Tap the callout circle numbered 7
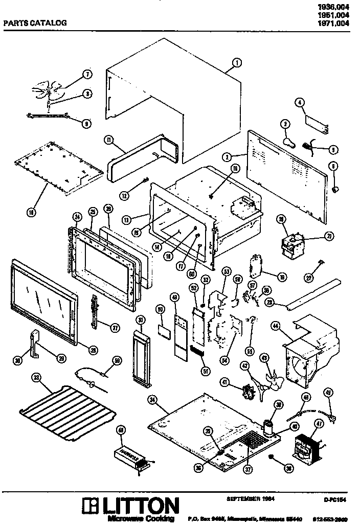tap(87, 75)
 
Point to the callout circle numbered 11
tap(108, 140)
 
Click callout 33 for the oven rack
tap(36, 378)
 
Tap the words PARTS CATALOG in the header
tap(35, 22)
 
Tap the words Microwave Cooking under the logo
tap(141, 519)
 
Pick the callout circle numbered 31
tap(140, 320)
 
